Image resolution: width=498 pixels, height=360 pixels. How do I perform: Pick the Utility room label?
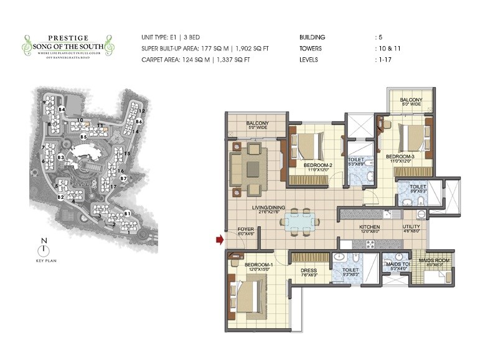[411, 227]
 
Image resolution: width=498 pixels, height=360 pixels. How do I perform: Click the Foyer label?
[246, 231]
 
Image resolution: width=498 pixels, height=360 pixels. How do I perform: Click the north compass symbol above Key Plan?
[43, 250]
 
